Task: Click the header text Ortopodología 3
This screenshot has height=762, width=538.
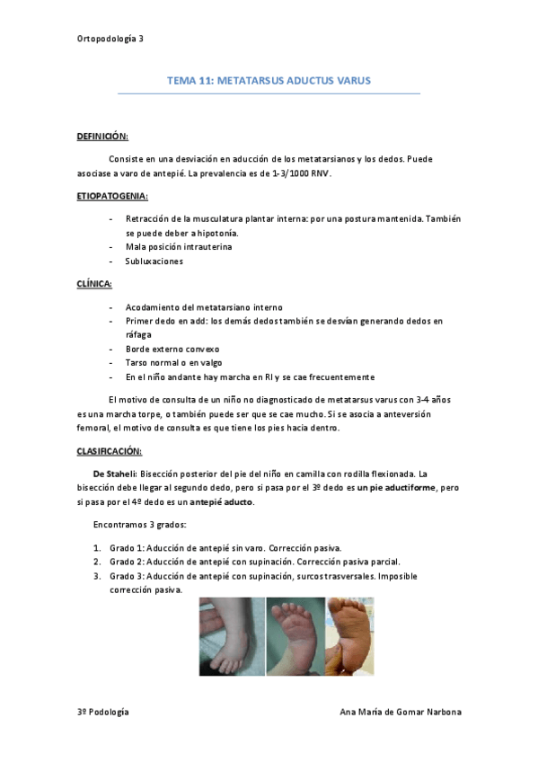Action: [110, 39]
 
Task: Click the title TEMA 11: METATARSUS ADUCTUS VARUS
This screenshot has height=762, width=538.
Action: [269, 81]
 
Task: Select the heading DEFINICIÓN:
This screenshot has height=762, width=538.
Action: [102, 136]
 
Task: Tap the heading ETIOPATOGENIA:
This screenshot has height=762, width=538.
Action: [112, 195]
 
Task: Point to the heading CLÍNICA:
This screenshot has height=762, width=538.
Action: [94, 283]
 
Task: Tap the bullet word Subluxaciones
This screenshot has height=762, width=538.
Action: [154, 261]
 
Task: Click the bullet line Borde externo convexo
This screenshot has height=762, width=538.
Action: [172, 349]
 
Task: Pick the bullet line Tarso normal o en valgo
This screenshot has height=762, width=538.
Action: [173, 362]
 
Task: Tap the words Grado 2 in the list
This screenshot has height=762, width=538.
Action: [126, 561]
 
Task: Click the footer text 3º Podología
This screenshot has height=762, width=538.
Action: [102, 711]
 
